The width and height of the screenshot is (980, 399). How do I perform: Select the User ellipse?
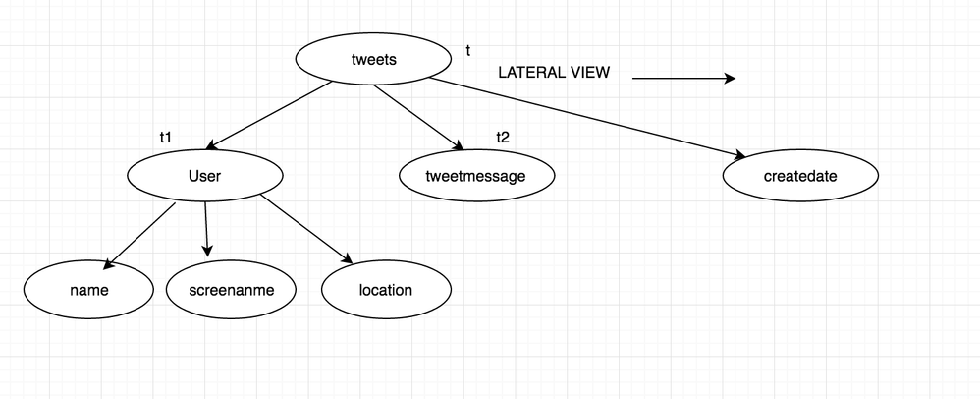(x=205, y=175)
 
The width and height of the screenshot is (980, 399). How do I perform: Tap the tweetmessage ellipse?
(x=476, y=176)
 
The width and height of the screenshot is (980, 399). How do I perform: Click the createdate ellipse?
(x=800, y=176)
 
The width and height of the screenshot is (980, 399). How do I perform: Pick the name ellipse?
(x=88, y=290)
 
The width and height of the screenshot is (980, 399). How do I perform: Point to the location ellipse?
(x=386, y=290)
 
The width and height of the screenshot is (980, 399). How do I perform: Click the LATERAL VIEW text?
(x=553, y=73)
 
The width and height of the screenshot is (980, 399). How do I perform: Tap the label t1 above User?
(x=166, y=138)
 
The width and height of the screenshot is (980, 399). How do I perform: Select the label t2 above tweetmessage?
(x=503, y=137)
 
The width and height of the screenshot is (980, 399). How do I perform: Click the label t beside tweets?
(x=467, y=49)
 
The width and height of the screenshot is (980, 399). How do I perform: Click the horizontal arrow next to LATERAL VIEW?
(x=683, y=79)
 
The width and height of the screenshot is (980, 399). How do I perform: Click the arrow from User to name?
(x=139, y=235)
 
